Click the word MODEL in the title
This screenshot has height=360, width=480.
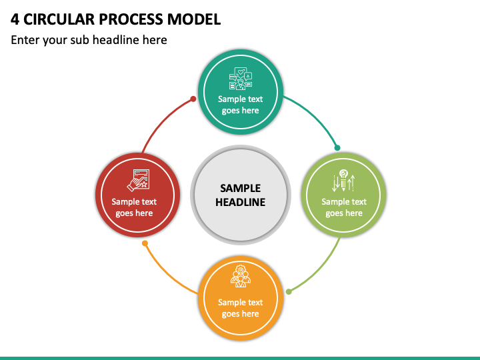coord(194,19)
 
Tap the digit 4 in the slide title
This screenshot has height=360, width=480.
coord(15,19)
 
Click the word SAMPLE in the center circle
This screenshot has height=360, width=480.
coord(240,188)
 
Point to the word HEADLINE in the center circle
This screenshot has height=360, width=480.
coord(240,202)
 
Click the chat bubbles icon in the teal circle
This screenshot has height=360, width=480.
coord(241,79)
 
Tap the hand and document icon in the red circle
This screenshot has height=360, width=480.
coord(139,180)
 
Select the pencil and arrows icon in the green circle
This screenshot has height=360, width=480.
coord(343,180)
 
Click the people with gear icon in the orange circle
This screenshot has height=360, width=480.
coord(241,276)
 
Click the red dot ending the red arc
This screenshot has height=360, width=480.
coord(193,99)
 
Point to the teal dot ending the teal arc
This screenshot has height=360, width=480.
coord(337,148)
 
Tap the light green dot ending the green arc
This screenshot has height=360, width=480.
coord(289,292)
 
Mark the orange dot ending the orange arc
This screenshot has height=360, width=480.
coord(145,243)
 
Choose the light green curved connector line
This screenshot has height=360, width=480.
coord(319,270)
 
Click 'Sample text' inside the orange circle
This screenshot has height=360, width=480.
coord(240,303)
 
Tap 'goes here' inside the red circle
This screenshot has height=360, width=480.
coord(134,213)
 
